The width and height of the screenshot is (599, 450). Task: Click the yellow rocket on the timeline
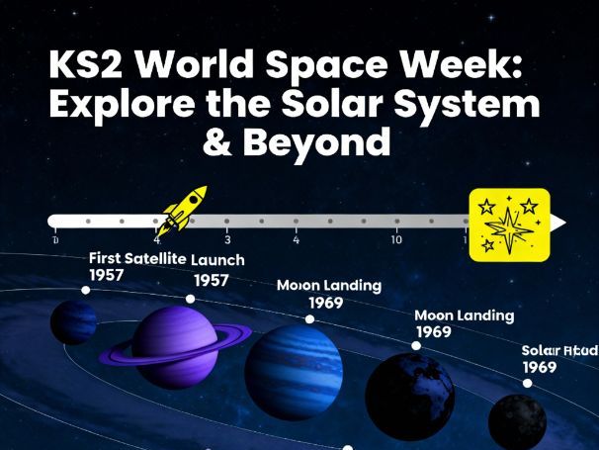pyautogui.click(x=183, y=209)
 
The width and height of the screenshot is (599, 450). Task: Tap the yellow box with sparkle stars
pyautogui.click(x=508, y=224)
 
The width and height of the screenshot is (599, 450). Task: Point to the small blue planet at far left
pyautogui.click(x=72, y=323)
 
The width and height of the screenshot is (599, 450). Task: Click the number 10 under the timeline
pyautogui.click(x=395, y=240)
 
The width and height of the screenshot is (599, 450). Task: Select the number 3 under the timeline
pyautogui.click(x=227, y=240)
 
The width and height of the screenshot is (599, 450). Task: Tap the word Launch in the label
pyautogui.click(x=217, y=259)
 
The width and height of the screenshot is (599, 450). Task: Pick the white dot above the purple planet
pyautogui.click(x=190, y=298)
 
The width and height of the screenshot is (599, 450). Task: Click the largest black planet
pyautogui.click(x=410, y=396)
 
